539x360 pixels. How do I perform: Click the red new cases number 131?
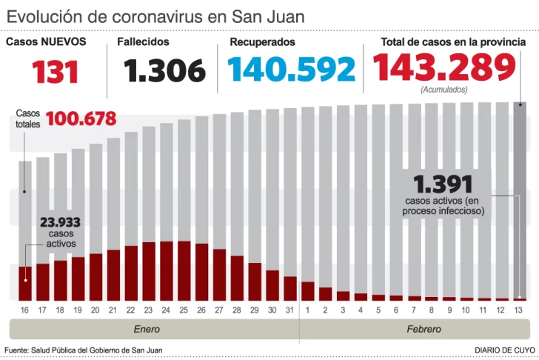[56, 71]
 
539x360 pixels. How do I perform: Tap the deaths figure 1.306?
[164, 71]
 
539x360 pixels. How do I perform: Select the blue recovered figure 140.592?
[292, 70]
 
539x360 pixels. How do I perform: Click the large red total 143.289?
[443, 68]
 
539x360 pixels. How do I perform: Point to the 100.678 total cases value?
[81, 118]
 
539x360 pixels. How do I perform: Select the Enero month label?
[147, 329]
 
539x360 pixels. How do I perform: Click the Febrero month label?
[423, 329]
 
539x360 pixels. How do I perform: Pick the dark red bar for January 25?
[184, 270]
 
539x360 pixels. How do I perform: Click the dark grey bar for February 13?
[520, 200]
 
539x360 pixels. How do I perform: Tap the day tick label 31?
[289, 309]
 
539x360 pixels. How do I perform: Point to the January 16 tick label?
[25, 309]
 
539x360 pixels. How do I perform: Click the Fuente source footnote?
[83, 350]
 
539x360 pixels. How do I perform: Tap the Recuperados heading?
[262, 42]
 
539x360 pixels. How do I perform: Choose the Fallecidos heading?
[143, 42]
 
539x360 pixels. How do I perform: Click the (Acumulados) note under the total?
[443, 90]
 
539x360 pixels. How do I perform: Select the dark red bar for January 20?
[96, 276]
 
